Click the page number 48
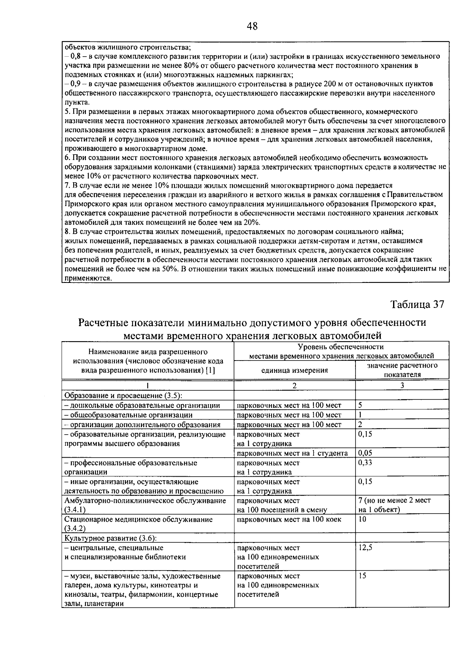tap(252, 27)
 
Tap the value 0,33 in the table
tap(365, 462)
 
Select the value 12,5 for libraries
tap(365, 548)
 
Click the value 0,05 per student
tap(365, 453)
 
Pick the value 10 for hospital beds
tap(363, 519)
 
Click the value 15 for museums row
tap(363, 576)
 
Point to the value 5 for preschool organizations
tap(361, 405)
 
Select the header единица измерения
tap(294, 370)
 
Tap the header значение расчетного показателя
tap(402, 370)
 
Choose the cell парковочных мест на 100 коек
tap(289, 519)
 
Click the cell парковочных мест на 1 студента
tap(292, 453)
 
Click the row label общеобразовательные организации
tap(131, 415)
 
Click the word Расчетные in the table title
tap(103, 323)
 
